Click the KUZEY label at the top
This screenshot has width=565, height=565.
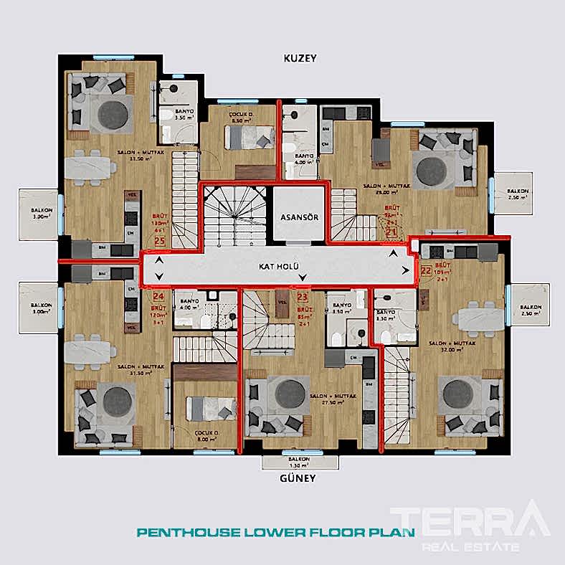pos(300,58)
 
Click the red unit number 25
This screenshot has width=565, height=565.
pos(159,242)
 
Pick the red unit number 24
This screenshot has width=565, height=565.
pos(159,295)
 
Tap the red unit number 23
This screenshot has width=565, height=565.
pos(303,295)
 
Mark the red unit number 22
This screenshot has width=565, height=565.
pos(426,271)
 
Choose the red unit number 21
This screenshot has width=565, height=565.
pos(391,232)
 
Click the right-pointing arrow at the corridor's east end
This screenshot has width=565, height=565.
pos(407,270)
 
